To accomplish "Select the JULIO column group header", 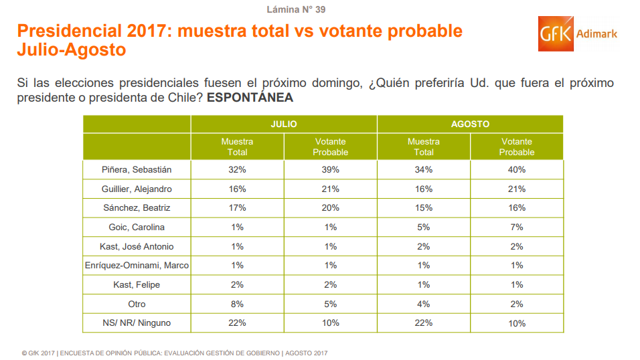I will pyautogui.click(x=284, y=124).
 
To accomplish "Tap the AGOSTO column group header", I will pyautogui.click(x=470, y=124).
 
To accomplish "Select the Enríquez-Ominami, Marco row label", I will pyautogui.click(x=137, y=266).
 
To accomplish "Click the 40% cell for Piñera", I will pyautogui.click(x=516, y=170).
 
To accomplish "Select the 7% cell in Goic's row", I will pyautogui.click(x=516, y=228).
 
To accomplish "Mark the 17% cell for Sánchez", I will pyautogui.click(x=237, y=208).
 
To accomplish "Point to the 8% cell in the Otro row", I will pyautogui.click(x=237, y=304).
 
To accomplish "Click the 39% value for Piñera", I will pyautogui.click(x=330, y=170).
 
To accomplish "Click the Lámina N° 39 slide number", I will pyautogui.click(x=297, y=9).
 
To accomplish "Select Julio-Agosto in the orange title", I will pyautogui.click(x=71, y=50).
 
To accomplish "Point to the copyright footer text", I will pyautogui.click(x=174, y=353).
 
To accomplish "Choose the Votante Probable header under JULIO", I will pyautogui.click(x=330, y=147).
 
